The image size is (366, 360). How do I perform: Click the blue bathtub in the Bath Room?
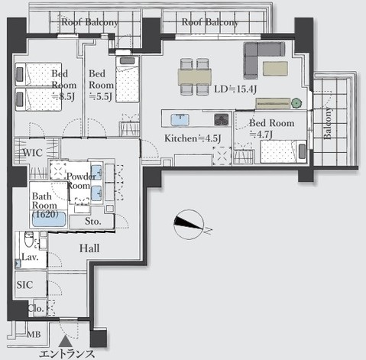coord(49,219)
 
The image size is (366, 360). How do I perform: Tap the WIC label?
coord(32,153)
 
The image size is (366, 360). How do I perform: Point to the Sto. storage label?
coord(92,222)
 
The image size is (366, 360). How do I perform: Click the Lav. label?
coord(31,258)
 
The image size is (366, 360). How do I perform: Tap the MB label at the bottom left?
coord(34,334)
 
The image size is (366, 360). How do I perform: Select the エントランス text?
coord(67,353)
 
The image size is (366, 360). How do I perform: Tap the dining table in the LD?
coord(195,75)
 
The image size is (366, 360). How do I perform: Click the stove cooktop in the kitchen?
coord(221,119)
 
